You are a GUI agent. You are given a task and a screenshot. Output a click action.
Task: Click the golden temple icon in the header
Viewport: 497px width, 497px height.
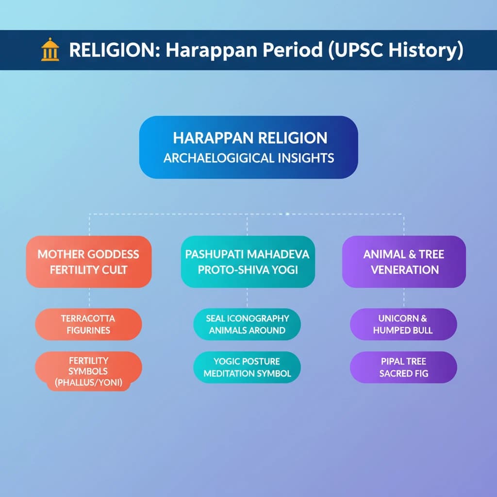tap(50, 50)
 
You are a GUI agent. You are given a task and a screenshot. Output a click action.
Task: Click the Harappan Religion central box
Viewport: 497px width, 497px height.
tap(248, 147)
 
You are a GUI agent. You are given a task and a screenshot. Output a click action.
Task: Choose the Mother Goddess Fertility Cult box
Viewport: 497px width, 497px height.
tap(89, 262)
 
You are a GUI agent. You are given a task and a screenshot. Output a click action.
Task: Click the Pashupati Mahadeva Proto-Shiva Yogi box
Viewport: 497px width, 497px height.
tap(248, 262)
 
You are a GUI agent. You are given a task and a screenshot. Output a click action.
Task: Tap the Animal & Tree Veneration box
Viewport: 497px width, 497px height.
tap(404, 262)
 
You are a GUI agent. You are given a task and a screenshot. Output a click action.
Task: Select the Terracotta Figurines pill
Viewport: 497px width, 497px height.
tap(88, 324)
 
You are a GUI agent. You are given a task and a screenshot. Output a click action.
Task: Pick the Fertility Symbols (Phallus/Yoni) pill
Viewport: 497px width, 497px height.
tap(88, 371)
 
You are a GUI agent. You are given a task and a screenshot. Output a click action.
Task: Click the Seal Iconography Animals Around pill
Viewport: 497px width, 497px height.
tap(247, 324)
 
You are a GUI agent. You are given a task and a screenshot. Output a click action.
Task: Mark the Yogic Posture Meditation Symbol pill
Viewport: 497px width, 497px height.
tap(247, 367)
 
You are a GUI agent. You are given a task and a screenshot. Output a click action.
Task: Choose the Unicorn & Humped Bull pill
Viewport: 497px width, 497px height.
tap(403, 324)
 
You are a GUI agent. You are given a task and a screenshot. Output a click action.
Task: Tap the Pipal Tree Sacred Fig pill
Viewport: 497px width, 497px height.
tap(403, 367)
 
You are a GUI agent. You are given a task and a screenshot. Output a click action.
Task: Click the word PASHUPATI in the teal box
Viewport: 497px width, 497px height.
tap(215, 254)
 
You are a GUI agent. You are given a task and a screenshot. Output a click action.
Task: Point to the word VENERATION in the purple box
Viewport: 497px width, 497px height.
tap(405, 270)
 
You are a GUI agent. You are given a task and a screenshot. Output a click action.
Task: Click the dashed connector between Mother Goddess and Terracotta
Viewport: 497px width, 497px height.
tap(89, 298)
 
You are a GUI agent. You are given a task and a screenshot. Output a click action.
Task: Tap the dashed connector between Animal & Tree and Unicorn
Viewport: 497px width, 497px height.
tap(404, 298)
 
